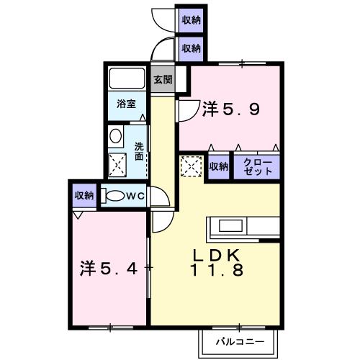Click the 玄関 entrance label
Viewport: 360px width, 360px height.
[163, 79]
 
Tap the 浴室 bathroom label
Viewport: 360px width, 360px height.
[127, 104]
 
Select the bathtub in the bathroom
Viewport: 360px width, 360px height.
[127, 78]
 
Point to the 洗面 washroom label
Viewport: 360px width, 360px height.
[139, 151]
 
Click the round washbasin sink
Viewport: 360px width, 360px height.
[115, 136]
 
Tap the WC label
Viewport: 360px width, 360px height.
[135, 197]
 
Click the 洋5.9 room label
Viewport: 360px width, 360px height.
[231, 109]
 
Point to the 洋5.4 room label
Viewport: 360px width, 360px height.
[109, 268]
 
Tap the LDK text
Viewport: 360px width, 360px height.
[217, 256]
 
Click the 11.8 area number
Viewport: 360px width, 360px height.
[217, 270]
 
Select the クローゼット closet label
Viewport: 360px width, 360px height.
[258, 166]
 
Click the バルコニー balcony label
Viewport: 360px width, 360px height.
[240, 341]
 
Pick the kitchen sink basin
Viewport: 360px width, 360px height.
[230, 225]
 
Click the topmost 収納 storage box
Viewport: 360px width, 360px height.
[191, 20]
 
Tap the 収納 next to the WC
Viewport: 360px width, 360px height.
[84, 196]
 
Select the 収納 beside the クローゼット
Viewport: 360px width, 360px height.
[218, 166]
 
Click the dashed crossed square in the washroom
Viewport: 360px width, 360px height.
[117, 165]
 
